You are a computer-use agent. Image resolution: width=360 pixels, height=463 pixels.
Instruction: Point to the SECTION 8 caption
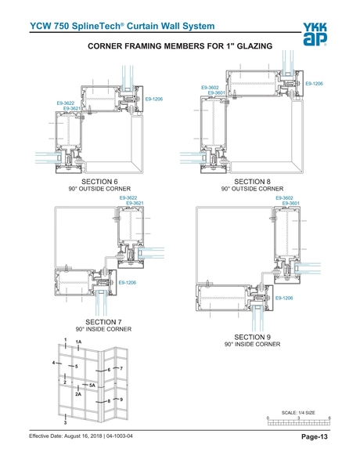pos(252,182)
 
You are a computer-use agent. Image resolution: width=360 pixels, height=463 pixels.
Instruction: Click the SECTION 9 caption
pos(252,337)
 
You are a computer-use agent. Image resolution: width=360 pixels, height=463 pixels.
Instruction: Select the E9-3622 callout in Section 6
pos(66,103)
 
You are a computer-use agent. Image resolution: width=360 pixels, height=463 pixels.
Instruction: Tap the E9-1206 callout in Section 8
pos(314,83)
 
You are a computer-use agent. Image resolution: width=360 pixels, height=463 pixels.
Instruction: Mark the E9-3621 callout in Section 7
pos(134,204)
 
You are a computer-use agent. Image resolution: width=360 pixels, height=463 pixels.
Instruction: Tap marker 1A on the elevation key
pos(79,342)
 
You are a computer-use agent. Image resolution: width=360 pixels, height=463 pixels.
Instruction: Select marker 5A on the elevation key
pos(92,385)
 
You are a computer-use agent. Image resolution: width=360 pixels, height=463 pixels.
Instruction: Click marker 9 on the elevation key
pos(121,400)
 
